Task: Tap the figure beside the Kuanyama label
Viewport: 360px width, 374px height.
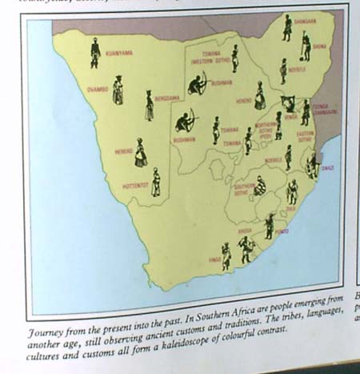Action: (95, 52)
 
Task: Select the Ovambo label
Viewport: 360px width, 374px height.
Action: (95, 90)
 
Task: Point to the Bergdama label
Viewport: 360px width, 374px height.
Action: (169, 97)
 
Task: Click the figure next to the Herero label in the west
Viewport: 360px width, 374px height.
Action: (141, 153)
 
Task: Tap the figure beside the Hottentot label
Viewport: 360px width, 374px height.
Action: (156, 183)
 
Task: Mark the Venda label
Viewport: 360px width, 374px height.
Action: (289, 115)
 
